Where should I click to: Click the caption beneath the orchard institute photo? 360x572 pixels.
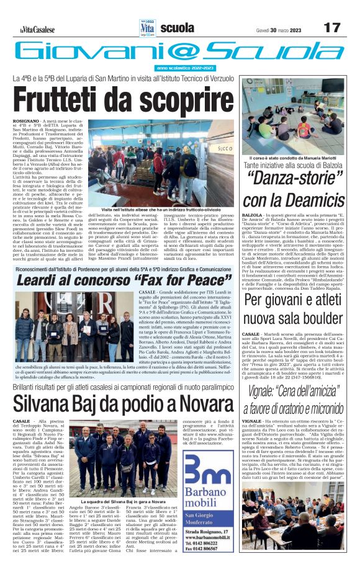coord(160,210)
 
